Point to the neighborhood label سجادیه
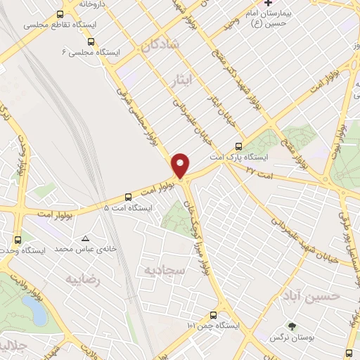[164, 270]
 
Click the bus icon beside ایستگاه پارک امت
[238, 147]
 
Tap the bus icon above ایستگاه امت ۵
[129, 198]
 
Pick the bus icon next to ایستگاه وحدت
[18, 240]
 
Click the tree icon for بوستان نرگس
[292, 326]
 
